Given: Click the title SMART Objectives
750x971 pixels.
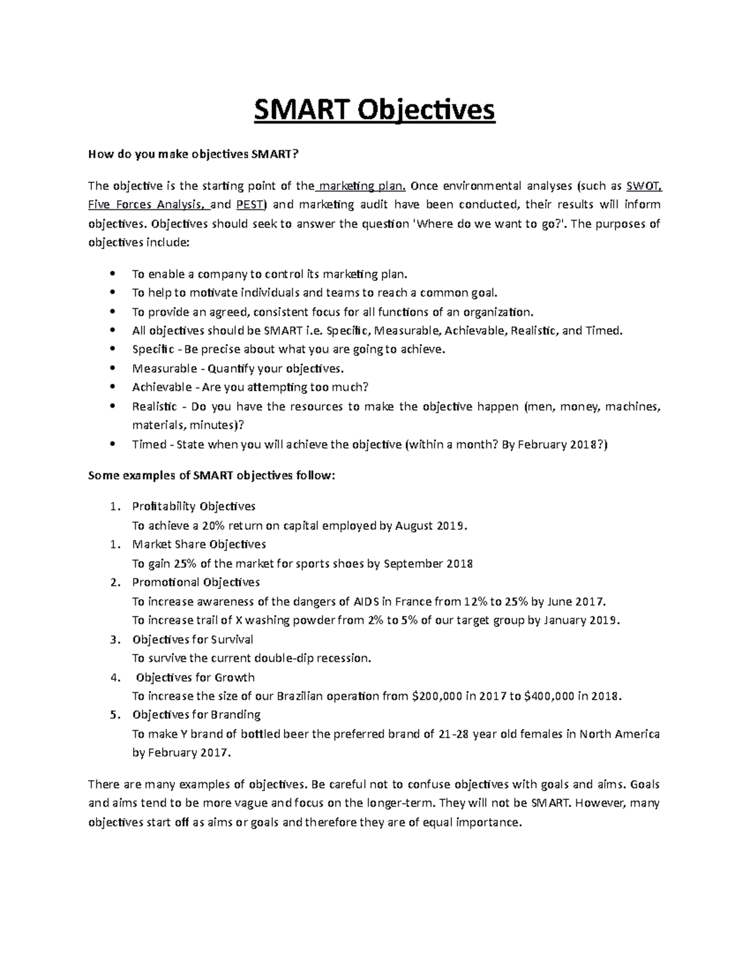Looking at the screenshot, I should click(374, 111).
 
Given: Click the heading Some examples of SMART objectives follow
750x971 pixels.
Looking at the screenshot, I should click(212, 476).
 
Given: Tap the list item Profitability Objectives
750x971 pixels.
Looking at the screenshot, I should click(194, 506).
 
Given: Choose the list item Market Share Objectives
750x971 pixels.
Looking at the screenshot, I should click(199, 545).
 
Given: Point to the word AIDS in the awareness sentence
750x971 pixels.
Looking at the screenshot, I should click(366, 601).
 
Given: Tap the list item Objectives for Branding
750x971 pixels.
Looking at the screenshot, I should click(196, 715).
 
